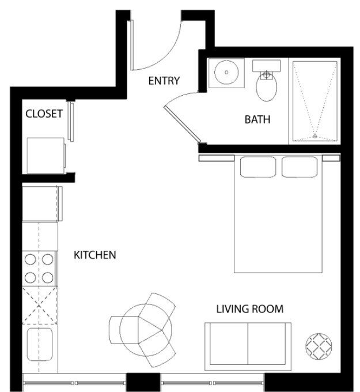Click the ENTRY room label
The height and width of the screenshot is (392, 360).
[164, 81]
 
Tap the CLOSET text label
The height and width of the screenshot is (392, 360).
[44, 114]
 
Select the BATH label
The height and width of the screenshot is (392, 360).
[257, 120]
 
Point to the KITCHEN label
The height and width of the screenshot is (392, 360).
[95, 254]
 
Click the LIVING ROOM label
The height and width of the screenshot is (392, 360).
[249, 309]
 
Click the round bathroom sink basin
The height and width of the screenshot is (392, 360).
[226, 73]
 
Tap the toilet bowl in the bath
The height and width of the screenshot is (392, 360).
[267, 88]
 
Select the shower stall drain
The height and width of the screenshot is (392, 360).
[314, 136]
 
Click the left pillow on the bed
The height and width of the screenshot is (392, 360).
[258, 167]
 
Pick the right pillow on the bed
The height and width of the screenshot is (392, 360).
[300, 167]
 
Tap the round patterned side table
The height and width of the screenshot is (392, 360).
[317, 346]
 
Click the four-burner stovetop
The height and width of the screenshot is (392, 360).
[40, 269]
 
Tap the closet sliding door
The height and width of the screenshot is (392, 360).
[71, 121]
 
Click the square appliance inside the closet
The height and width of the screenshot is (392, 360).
[46, 154]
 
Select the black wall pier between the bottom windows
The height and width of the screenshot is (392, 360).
[143, 382]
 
